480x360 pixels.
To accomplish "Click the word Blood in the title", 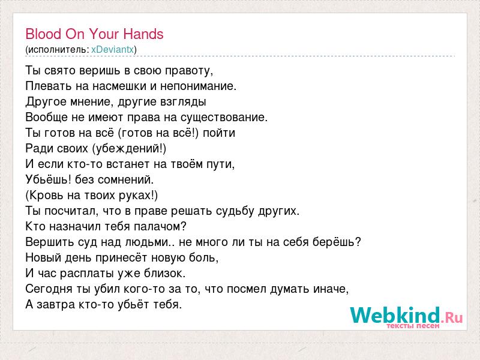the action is click(x=43, y=34).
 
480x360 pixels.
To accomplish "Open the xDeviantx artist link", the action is click(x=113, y=50).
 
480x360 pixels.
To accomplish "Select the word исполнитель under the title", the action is click(x=57, y=50).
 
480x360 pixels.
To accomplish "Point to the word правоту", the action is click(x=189, y=71).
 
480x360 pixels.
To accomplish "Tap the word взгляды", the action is click(x=183, y=102).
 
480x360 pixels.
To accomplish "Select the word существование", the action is click(x=224, y=118).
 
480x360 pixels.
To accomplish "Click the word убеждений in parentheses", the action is click(x=128, y=149).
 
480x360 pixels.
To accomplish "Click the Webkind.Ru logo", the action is click(x=406, y=317).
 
